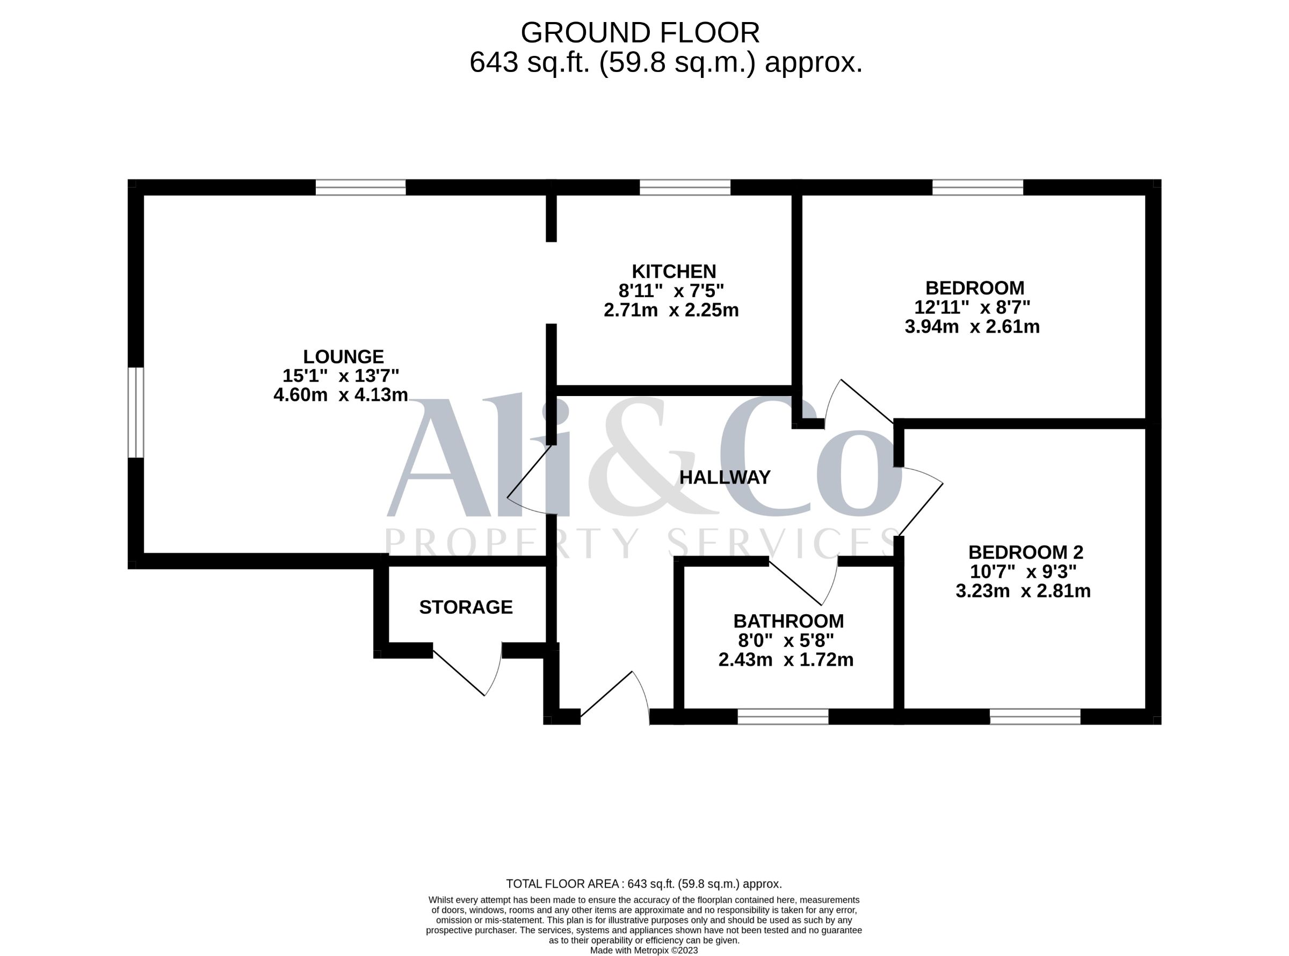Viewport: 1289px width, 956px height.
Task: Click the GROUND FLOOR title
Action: tap(640, 33)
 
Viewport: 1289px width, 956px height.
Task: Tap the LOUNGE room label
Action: tap(344, 356)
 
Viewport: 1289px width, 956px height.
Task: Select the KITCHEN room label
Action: tap(674, 271)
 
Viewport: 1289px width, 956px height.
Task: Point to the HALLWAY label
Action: tap(725, 477)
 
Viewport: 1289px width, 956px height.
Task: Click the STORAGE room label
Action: tap(466, 608)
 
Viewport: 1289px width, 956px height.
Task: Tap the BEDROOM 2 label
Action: tap(1026, 552)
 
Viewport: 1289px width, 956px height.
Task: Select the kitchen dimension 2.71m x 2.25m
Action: tap(671, 311)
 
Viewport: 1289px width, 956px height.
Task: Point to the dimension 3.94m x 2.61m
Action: tap(972, 327)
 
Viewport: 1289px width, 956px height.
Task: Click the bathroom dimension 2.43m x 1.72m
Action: tap(786, 660)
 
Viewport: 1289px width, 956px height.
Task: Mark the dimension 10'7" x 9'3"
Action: tap(1023, 572)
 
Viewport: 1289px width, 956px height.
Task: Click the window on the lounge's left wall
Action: tap(135, 412)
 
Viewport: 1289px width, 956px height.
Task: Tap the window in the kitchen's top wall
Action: tap(685, 188)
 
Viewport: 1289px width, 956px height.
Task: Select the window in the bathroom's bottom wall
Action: tap(783, 716)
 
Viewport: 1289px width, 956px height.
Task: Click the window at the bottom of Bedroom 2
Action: tap(1035, 716)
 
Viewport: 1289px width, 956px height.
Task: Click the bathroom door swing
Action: tap(803, 581)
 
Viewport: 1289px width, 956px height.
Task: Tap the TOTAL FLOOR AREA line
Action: tap(643, 883)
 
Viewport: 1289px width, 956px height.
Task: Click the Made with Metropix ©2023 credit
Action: tap(643, 950)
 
